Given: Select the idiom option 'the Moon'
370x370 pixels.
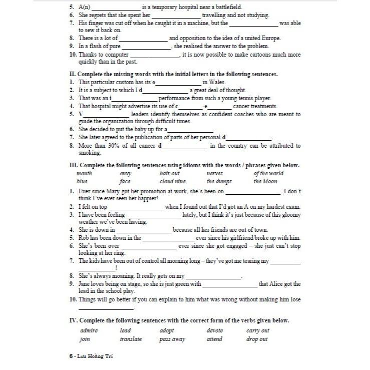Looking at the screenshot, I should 265,181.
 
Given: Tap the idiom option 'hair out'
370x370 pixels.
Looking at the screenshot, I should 169,173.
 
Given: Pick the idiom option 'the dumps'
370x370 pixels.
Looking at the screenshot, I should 217,181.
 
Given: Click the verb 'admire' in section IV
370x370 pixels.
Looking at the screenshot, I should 89,330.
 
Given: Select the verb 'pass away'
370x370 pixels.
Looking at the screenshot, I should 172,339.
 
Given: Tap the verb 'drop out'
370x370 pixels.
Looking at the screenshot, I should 257,339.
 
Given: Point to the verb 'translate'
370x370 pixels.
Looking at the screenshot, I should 131,339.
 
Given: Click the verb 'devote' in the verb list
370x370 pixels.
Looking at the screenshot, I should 215,330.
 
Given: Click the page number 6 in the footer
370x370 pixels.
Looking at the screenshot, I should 72,357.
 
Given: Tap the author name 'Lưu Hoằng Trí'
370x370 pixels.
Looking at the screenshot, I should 99,357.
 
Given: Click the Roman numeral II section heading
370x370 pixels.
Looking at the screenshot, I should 71,74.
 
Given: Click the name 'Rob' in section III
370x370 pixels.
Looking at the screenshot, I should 84,238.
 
